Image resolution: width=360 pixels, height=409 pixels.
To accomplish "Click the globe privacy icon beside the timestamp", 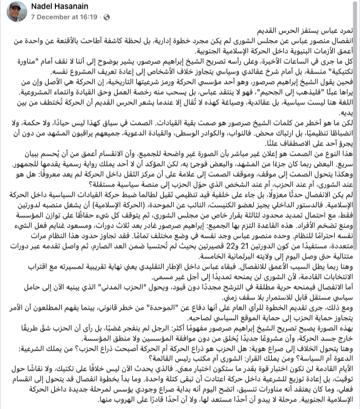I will (106, 16).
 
